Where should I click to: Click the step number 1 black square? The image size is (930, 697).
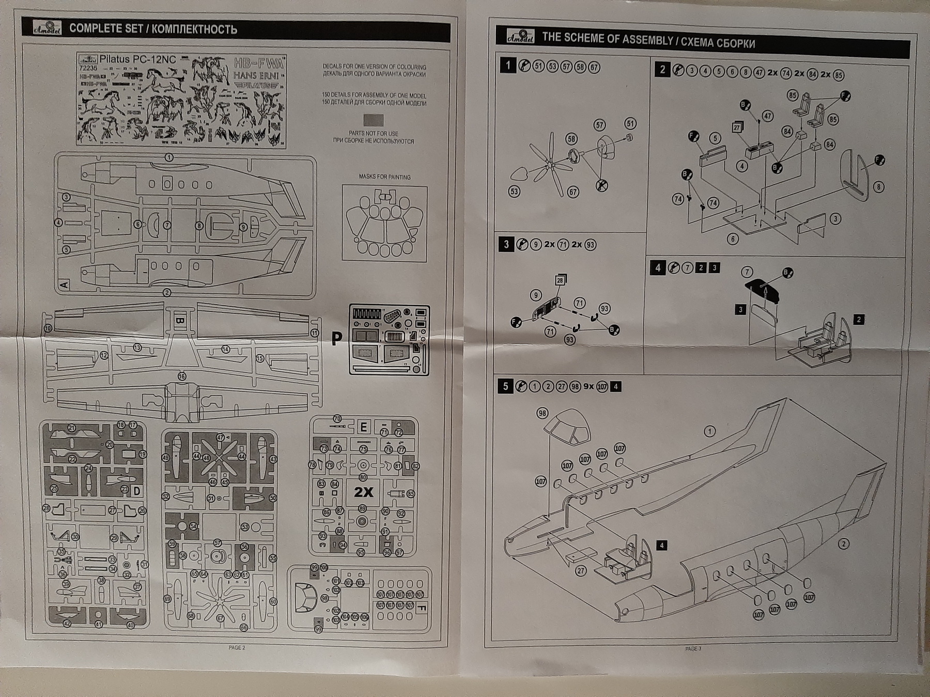click(508, 66)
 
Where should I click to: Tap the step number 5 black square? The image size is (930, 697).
click(505, 386)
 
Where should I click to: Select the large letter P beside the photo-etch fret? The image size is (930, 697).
click(336, 338)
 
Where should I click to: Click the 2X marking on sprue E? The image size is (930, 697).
click(363, 492)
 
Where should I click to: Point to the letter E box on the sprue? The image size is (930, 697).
click(364, 427)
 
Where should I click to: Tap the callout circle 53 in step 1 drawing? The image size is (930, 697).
click(514, 192)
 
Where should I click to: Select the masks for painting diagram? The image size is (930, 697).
click(384, 223)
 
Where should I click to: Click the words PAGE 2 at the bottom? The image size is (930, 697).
click(237, 647)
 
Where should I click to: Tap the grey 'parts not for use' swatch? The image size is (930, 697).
click(373, 120)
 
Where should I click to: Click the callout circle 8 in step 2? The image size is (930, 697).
click(879, 187)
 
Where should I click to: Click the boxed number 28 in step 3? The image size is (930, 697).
click(560, 280)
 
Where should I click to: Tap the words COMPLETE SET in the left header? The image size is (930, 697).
click(105, 29)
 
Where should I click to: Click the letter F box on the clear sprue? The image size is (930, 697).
click(421, 605)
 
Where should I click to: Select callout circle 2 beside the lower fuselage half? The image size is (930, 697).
click(843, 543)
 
